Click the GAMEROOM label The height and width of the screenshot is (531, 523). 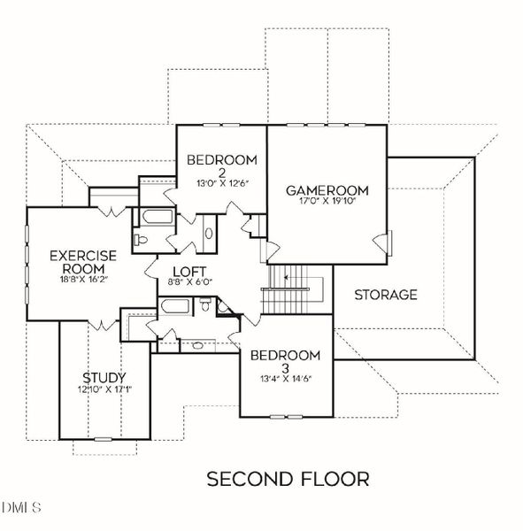tap(326, 190)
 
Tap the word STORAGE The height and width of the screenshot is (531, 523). tap(385, 295)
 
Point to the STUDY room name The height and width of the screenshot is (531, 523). tap(104, 377)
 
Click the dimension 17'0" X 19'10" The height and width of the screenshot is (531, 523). tap(326, 203)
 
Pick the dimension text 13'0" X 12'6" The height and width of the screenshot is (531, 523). tap(221, 184)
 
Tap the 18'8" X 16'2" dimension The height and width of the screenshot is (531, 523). tap(77, 280)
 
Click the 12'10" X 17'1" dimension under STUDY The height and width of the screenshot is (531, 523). tap(104, 389)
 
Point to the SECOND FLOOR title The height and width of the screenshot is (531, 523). tap(288, 479)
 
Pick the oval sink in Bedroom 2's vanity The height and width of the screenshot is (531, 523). tap(208, 234)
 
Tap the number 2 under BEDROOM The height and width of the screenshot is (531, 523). tap(221, 173)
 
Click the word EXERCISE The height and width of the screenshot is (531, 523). tap(78, 256)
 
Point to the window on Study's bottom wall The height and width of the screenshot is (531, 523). tap(104, 439)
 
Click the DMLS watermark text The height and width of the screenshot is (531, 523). tap(22, 507)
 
